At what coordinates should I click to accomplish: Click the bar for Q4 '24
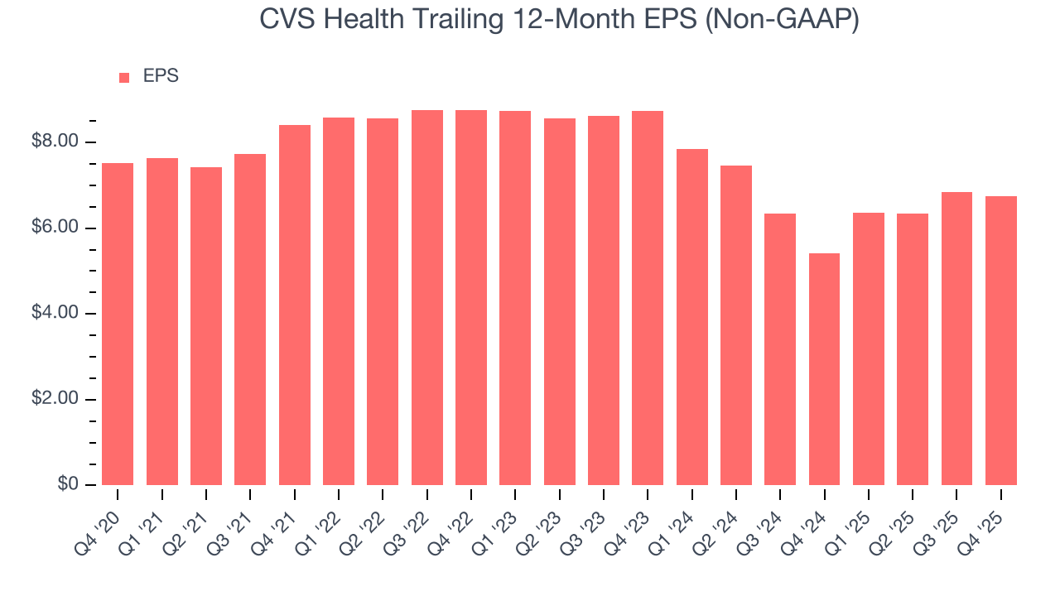[824, 369]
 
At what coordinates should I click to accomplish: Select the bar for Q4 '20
[118, 324]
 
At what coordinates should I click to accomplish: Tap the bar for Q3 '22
[426, 297]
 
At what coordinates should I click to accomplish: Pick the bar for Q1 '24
[691, 317]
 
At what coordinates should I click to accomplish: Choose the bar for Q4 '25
[1000, 340]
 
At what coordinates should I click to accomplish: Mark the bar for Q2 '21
[206, 326]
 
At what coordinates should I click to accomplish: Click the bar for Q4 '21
[295, 305]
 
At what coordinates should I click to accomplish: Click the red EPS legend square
[124, 77]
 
